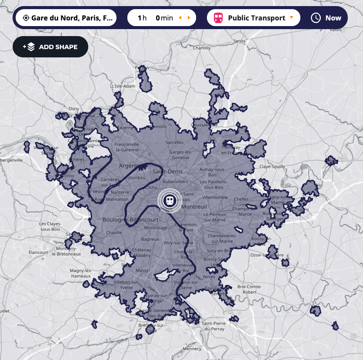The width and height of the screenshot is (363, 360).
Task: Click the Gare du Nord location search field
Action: [66, 18]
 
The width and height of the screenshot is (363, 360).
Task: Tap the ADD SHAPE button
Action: [50, 47]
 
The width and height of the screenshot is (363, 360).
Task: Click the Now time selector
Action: [326, 18]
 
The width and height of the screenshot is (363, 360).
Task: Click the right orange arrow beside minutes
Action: [189, 18]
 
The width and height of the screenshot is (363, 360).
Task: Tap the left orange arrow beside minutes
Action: [180, 18]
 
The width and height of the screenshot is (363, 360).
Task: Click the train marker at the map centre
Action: [169, 200]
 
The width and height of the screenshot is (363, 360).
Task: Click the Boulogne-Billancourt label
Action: [130, 220]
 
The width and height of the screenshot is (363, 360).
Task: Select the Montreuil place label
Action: [194, 207]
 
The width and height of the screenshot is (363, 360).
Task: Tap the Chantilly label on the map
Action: [202, 48]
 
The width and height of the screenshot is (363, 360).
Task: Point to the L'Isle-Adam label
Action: [123, 86]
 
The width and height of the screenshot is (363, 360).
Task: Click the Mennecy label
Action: [192, 349]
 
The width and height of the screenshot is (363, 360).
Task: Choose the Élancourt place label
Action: [38, 252]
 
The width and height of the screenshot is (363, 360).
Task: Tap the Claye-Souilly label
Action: [272, 167]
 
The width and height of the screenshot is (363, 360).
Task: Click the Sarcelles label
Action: [174, 142]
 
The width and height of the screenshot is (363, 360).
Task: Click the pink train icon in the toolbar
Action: [218, 18]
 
